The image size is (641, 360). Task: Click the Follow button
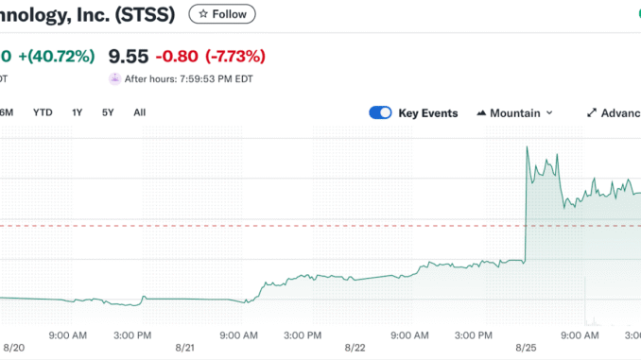(x=221, y=14)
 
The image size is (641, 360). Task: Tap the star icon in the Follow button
(x=203, y=14)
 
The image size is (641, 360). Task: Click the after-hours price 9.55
(x=129, y=56)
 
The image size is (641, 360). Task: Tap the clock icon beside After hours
(x=115, y=79)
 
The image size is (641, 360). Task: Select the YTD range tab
(x=43, y=112)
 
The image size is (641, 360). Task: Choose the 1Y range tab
(x=78, y=112)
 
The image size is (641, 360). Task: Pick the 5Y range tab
(x=109, y=112)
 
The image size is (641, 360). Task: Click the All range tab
(x=139, y=112)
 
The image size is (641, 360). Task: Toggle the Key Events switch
(x=381, y=112)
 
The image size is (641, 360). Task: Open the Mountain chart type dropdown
(x=515, y=112)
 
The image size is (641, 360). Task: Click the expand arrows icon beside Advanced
(x=592, y=112)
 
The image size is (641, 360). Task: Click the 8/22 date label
(x=355, y=348)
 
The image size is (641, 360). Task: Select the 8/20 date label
(x=14, y=348)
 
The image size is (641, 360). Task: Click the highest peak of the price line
(x=527, y=147)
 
